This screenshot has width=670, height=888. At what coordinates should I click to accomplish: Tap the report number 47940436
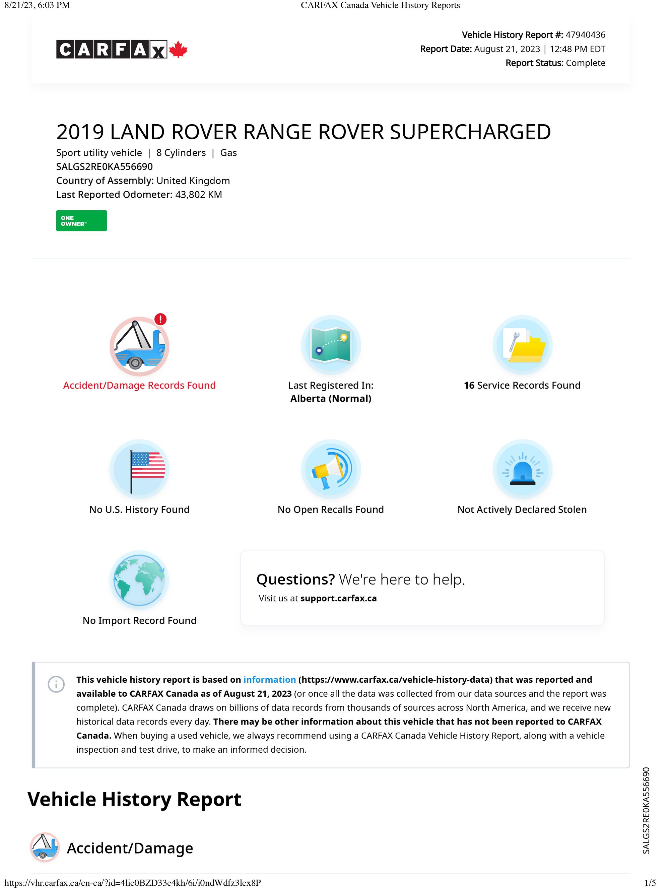tap(585, 35)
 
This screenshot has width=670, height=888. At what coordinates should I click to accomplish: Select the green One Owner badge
tap(81, 221)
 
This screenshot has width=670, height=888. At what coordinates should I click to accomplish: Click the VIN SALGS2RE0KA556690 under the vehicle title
tap(105, 166)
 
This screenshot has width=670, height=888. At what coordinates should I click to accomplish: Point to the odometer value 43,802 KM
tap(198, 195)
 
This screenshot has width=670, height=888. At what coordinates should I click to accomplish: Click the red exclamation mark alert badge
tap(160, 319)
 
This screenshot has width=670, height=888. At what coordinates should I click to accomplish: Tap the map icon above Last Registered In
tap(331, 345)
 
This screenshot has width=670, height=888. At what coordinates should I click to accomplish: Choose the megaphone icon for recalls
tap(331, 469)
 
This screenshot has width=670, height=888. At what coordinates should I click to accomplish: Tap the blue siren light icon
tap(522, 469)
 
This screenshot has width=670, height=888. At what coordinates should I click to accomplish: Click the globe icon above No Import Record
tap(139, 580)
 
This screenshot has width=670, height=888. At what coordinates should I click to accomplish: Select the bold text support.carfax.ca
tap(338, 598)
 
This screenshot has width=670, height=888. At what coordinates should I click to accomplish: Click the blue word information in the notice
tap(269, 680)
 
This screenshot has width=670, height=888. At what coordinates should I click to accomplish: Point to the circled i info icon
tap(56, 684)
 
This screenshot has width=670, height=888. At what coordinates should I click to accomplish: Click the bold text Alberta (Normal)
tap(331, 399)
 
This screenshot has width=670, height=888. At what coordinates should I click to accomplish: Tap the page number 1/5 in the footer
tap(650, 883)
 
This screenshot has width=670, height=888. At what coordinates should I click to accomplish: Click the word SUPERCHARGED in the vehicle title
tap(470, 132)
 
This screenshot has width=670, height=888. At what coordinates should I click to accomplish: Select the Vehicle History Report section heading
tap(134, 799)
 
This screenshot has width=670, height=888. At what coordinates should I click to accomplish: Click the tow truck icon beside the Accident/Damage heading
tap(45, 847)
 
